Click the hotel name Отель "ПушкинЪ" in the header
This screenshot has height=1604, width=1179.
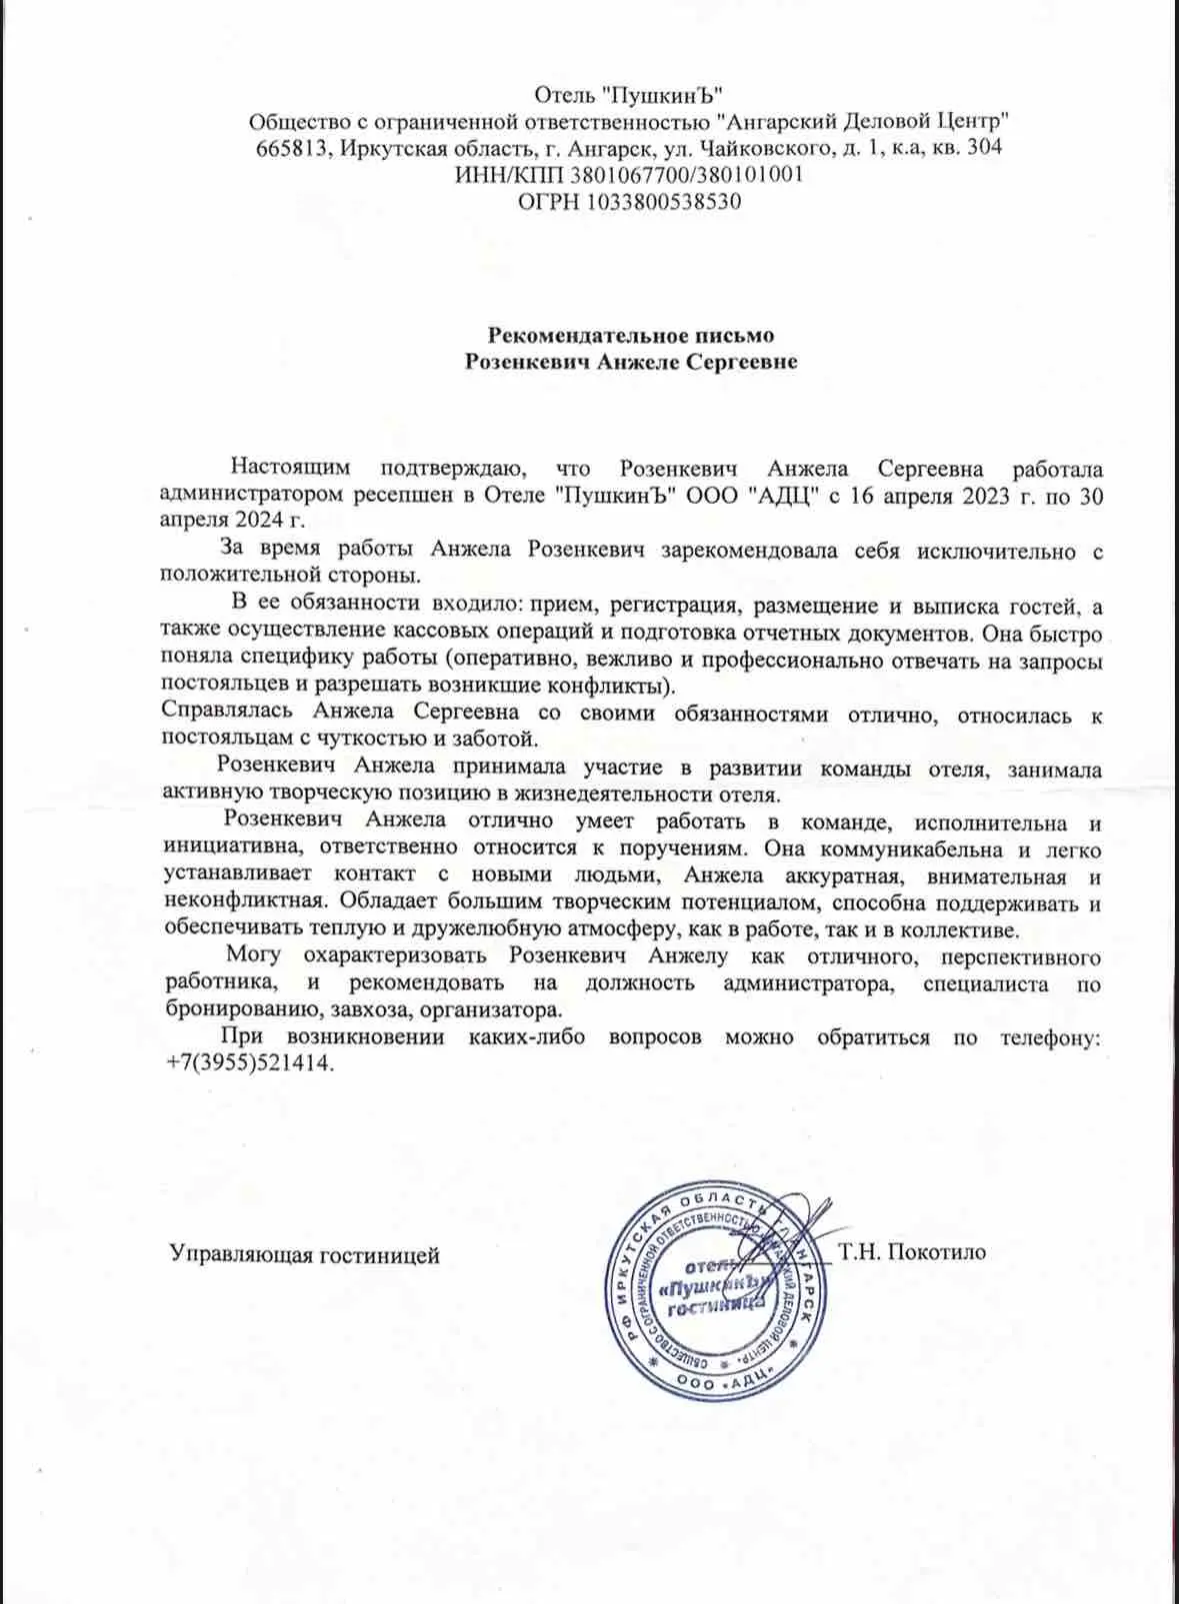(x=628, y=95)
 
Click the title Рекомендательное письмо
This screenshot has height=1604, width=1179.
(x=630, y=335)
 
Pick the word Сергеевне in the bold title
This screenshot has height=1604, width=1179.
(x=741, y=361)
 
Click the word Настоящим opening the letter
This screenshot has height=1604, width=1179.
(x=291, y=468)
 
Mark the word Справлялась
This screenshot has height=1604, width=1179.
(x=227, y=712)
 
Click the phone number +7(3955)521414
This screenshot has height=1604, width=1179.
(x=249, y=1062)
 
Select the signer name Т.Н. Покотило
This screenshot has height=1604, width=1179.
(x=912, y=1251)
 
